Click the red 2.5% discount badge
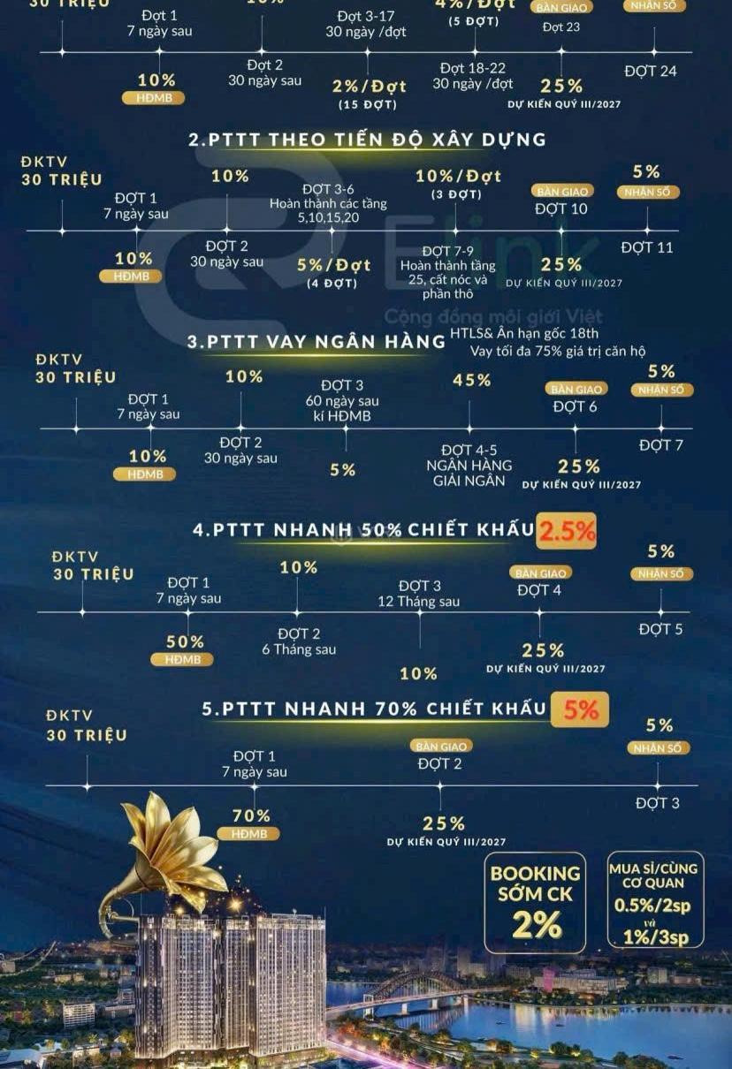pyautogui.click(x=566, y=530)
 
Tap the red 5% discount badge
pyautogui.click(x=580, y=709)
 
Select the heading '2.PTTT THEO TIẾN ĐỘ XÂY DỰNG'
pyautogui.click(x=367, y=140)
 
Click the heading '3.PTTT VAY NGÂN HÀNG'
pyautogui.click(x=316, y=342)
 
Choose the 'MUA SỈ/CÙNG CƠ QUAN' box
pyautogui.click(x=654, y=901)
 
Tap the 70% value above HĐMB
pyautogui.click(x=252, y=815)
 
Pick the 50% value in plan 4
pyautogui.click(x=185, y=642)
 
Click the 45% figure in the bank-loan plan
pyautogui.click(x=471, y=380)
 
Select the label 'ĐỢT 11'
pyautogui.click(x=646, y=247)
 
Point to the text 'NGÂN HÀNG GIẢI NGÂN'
pyautogui.click(x=469, y=473)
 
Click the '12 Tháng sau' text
pyautogui.click(x=418, y=602)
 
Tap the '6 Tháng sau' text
pyautogui.click(x=299, y=649)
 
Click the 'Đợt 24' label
pyautogui.click(x=651, y=71)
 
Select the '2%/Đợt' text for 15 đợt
pyautogui.click(x=369, y=87)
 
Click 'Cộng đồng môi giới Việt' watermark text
pyautogui.click(x=492, y=316)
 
